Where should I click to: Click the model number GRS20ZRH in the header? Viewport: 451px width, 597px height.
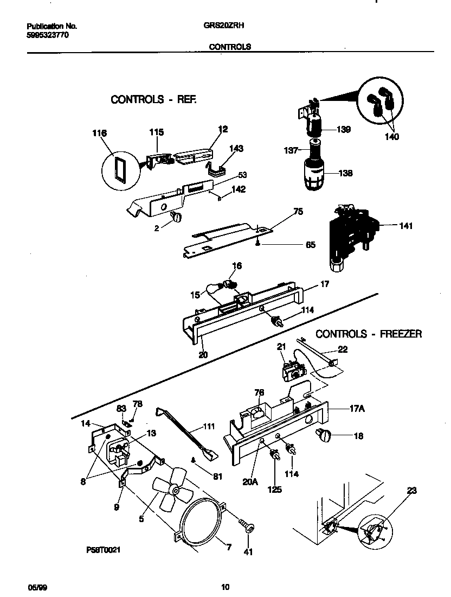pos(226,26)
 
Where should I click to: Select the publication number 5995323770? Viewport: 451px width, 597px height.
pos(48,35)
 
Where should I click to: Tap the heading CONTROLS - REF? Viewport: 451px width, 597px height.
pos(153,99)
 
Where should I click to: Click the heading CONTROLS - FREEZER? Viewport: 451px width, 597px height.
pos(368,334)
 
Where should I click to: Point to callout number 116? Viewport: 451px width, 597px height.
pos(100,134)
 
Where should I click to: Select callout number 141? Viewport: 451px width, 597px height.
pos(405,226)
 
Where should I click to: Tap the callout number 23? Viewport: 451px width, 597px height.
pos(412,491)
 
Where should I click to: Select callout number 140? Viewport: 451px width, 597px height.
pos(391,137)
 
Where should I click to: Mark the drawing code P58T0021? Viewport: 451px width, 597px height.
pos(102,550)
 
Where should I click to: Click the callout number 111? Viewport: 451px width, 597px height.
pos(208,427)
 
